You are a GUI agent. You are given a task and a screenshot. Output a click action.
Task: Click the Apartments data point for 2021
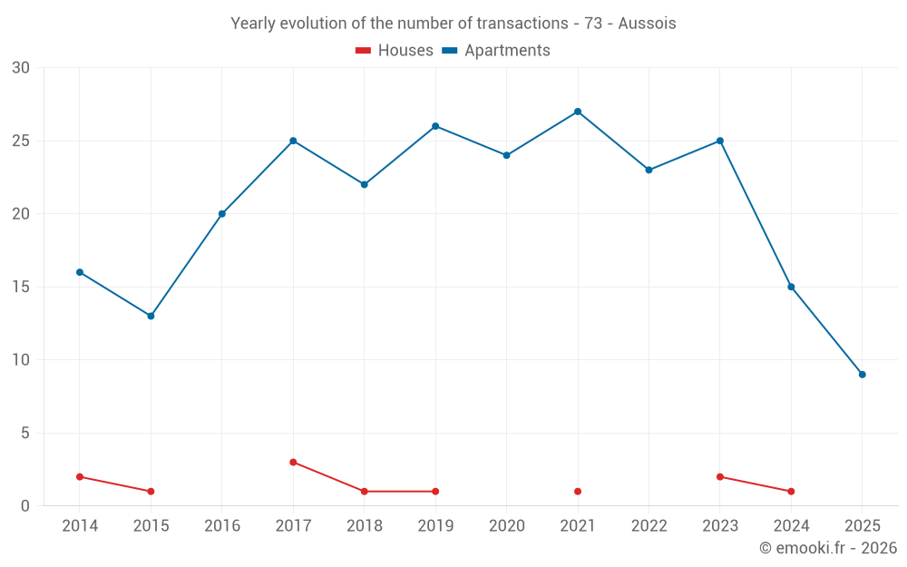[578, 112]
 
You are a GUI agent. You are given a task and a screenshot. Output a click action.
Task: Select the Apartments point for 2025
[862, 375]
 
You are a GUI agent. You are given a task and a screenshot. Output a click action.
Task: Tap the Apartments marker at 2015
[151, 316]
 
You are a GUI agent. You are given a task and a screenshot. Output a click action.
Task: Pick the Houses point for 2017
[293, 462]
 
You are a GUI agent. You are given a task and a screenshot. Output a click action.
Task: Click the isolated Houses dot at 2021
[578, 492]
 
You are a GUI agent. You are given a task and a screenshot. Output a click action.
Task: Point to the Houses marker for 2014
[80, 476]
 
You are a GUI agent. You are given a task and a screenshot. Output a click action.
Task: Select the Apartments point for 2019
[435, 126]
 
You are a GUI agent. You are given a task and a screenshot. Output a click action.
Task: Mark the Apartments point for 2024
[791, 287]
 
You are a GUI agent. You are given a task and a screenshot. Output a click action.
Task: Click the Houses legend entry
[395, 51]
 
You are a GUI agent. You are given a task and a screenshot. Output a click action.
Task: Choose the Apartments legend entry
[496, 51]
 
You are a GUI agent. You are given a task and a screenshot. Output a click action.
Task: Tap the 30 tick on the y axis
[21, 68]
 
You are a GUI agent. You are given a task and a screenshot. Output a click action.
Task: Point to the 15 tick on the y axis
[21, 287]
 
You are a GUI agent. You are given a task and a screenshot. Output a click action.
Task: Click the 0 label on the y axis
[25, 506]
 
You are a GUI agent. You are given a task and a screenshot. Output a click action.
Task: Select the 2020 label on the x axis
[506, 526]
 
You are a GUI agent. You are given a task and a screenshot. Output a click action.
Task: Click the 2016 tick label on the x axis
[222, 526]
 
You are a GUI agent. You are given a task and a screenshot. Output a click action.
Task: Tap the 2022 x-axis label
[649, 526]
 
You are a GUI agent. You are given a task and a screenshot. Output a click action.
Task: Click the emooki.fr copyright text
[827, 548]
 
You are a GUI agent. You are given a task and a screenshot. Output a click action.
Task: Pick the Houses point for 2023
[720, 476]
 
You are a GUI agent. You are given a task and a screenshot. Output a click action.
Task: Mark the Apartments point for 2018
[365, 184]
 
